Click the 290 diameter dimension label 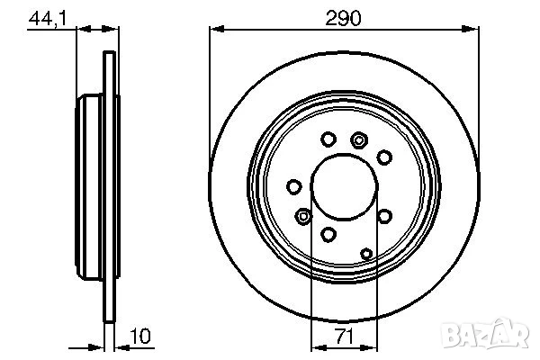coord(343,18)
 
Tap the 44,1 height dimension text coord(48,18)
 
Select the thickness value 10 coord(140,336)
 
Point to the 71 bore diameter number coord(345,336)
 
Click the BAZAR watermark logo coord(486,333)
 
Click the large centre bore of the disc coord(345,186)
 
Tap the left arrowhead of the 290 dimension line coord(217,29)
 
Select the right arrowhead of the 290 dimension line coord(471,29)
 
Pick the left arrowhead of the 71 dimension coord(319,347)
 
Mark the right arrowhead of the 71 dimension coord(370,347)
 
